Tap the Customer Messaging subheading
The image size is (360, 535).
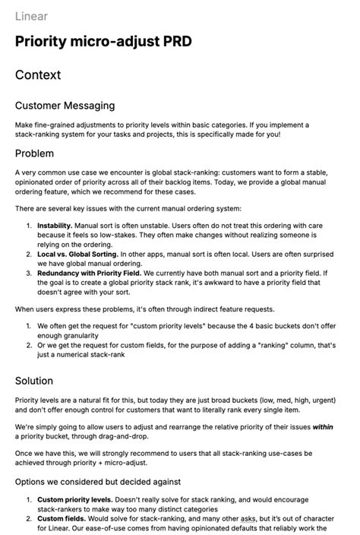tap(65, 106)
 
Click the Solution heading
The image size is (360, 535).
tap(34, 380)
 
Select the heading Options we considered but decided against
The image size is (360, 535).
tap(98, 481)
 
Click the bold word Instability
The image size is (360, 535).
tap(55, 226)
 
